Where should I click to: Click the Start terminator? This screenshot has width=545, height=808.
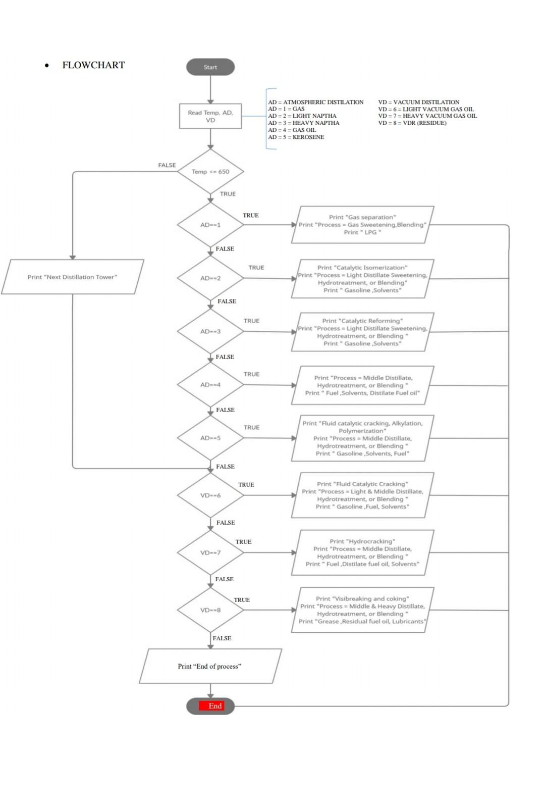[210, 67]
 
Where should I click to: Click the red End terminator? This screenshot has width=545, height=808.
[210, 706]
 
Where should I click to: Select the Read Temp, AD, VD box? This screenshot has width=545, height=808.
[210, 117]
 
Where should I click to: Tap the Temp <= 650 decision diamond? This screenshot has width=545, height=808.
[210, 172]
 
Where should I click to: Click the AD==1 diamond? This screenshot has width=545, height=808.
[210, 225]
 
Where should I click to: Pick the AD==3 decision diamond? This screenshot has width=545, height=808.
[210, 331]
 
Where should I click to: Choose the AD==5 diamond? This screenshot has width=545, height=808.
[210, 438]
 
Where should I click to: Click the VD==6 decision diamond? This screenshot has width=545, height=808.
[210, 495]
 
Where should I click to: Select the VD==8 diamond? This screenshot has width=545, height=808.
[210, 610]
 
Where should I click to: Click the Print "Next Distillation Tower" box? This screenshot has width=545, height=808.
[72, 277]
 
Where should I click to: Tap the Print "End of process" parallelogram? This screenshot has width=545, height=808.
[210, 666]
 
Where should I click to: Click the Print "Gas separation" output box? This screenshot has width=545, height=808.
[362, 225]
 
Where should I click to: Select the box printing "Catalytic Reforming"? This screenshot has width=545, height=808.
[362, 332]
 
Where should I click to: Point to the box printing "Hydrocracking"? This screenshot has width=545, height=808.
[362, 552]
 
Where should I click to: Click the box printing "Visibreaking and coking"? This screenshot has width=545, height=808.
[362, 610]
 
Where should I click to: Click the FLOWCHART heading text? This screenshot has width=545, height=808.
[93, 65]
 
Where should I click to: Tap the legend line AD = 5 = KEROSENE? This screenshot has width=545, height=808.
[296, 137]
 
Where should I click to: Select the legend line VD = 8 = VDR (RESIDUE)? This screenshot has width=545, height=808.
[412, 123]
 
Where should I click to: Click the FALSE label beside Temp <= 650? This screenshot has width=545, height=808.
[167, 165]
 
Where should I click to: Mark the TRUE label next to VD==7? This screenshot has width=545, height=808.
[243, 541]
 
